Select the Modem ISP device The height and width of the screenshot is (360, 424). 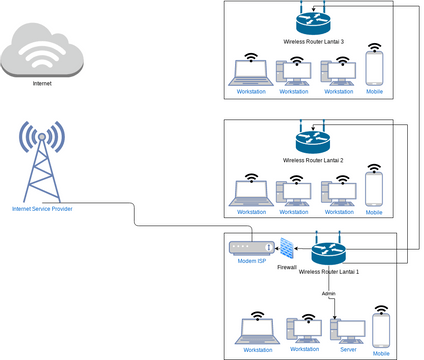coord(250,247)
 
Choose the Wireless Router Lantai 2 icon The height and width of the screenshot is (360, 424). coord(313,142)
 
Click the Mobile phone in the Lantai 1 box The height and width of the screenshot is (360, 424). coord(381,330)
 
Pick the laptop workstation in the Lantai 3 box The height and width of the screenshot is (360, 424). coord(250,72)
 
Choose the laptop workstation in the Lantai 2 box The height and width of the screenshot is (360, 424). coord(250,193)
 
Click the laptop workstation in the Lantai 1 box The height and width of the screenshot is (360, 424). coord(257,332)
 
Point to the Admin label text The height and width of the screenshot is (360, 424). coord(328,293)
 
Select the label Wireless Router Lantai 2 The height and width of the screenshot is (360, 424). coord(313,160)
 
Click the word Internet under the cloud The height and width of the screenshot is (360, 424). coord(42,84)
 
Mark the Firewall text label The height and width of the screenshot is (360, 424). coord(287,270)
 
